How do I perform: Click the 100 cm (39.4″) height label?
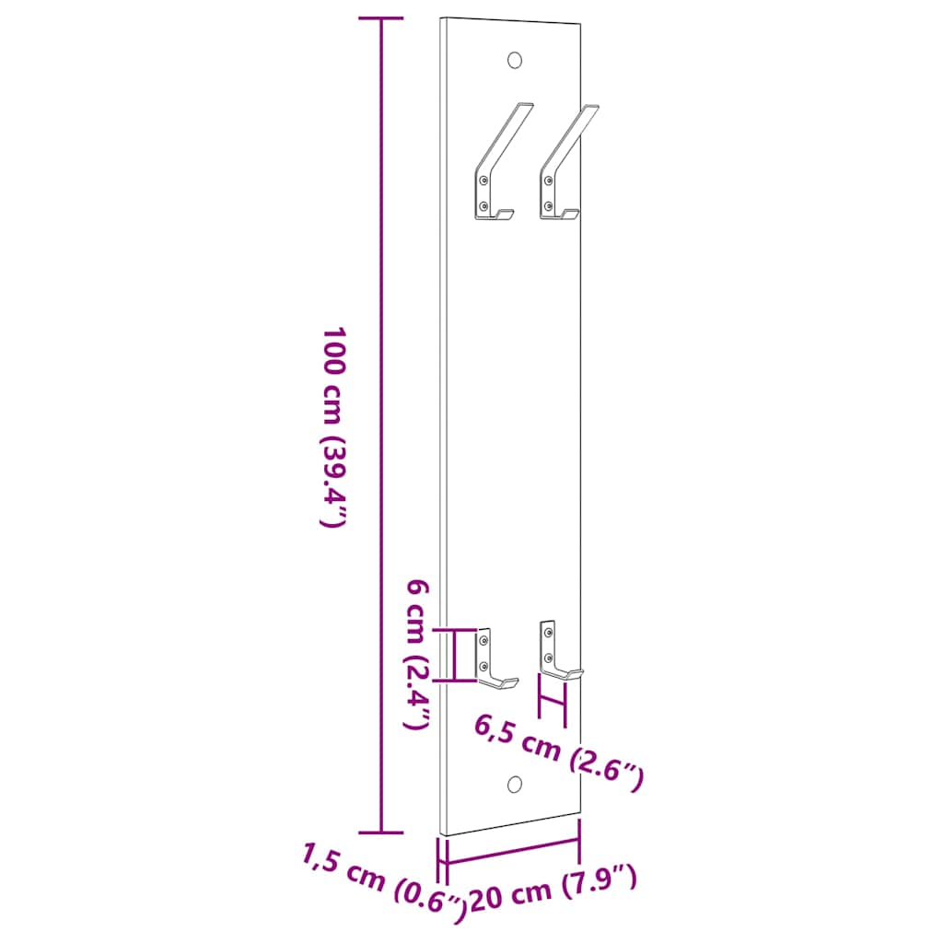coord(332,425)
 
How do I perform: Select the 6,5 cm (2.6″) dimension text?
coord(558,751)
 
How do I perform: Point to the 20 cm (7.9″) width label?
coord(553,891)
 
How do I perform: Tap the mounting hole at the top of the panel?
coord(515,60)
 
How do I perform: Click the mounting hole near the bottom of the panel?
coord(515,784)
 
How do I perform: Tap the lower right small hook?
coord(555,654)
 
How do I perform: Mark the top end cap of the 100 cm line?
coord(381,18)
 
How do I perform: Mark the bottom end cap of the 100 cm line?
coord(381,832)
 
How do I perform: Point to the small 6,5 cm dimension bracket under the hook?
coord(553,708)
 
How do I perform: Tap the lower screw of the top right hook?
coord(548,205)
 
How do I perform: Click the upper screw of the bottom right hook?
coord(548,634)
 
